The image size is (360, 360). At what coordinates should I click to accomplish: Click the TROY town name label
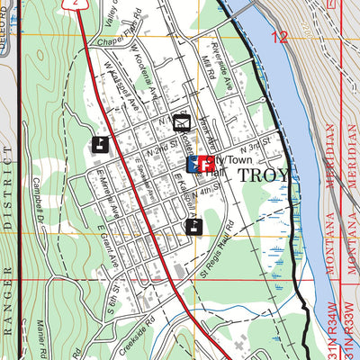[264, 175]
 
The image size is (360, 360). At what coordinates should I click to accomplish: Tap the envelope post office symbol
[182, 122]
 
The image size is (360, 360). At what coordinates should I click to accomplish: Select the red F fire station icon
[205, 164]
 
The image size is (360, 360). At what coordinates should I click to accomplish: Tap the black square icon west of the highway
[98, 143]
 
